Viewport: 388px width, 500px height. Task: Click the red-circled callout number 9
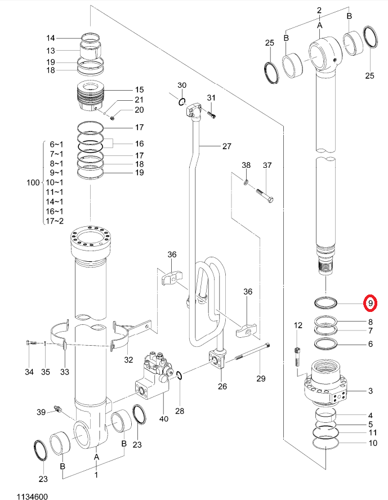click(370, 303)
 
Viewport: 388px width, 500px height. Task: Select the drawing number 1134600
click(32, 496)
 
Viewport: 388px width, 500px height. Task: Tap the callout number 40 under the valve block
click(163, 418)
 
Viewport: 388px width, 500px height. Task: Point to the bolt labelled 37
click(264, 195)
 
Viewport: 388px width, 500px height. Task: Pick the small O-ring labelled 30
click(182, 102)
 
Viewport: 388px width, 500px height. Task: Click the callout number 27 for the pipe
click(227, 146)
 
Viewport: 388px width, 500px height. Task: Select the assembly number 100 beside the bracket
click(33, 183)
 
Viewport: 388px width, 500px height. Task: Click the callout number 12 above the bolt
click(298, 325)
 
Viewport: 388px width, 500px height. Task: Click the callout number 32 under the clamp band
click(128, 360)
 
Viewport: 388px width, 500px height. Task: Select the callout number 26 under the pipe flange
click(222, 386)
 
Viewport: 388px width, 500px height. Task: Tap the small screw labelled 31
click(211, 114)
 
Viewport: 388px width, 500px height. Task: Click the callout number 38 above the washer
click(246, 165)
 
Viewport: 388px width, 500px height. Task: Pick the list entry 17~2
click(55, 221)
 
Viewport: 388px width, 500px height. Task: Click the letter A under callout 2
click(320, 25)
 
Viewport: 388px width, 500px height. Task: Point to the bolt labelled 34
click(30, 343)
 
